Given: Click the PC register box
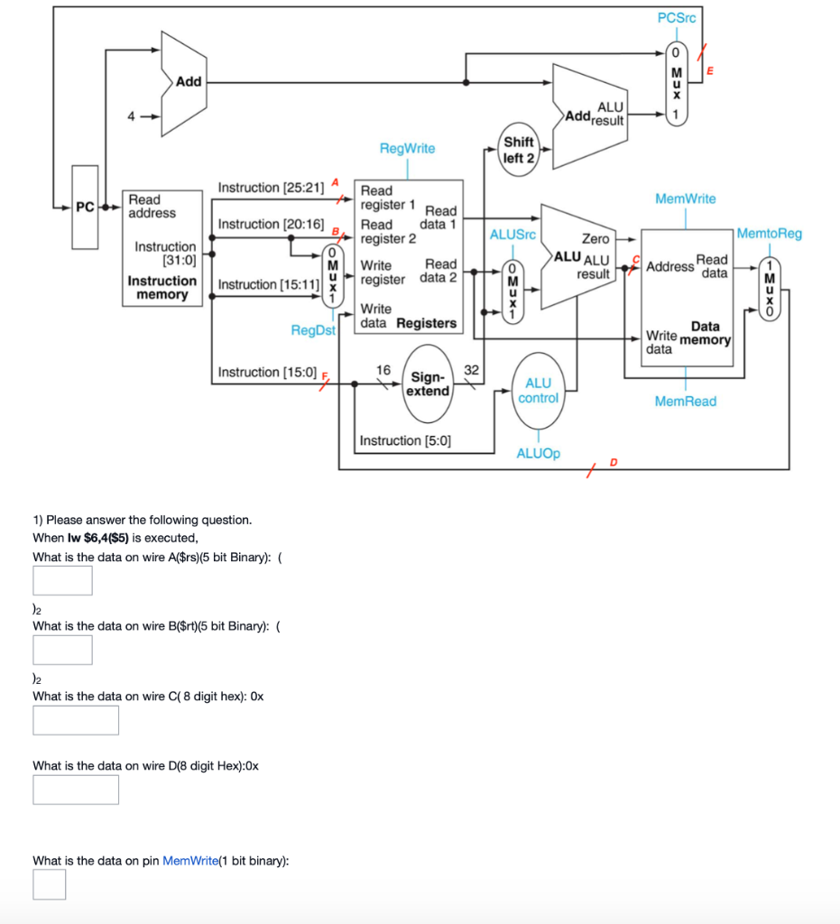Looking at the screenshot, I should click(85, 207).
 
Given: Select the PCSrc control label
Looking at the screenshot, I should click(677, 17).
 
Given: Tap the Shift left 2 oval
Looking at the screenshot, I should click(518, 150).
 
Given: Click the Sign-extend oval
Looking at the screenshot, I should click(427, 383).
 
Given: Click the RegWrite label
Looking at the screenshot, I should click(407, 148).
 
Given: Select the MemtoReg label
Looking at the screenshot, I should click(769, 234).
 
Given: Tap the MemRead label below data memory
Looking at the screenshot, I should click(685, 402).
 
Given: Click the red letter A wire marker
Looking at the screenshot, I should click(335, 182).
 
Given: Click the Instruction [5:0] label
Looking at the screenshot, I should click(405, 441).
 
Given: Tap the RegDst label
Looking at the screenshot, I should click(312, 330).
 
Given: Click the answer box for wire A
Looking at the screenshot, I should click(62, 580).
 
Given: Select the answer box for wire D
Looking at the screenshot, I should click(76, 790).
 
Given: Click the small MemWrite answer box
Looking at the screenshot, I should click(49, 884).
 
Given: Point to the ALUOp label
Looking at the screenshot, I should click(538, 453).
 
